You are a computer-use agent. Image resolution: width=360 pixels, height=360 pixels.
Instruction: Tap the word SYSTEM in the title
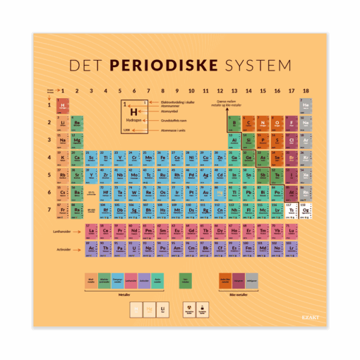(256, 66)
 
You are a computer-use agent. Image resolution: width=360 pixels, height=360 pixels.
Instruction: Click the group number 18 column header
(306, 90)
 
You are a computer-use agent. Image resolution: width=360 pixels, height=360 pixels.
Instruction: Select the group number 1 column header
(63, 90)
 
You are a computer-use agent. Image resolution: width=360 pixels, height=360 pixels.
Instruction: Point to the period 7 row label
(49, 210)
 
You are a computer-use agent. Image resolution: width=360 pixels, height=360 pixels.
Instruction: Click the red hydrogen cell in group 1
(63, 106)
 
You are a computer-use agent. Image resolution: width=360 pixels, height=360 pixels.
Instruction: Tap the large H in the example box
(134, 112)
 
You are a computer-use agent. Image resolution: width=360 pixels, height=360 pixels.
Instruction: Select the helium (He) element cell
(306, 106)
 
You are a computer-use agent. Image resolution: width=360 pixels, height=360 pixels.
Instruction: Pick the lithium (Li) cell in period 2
(63, 123)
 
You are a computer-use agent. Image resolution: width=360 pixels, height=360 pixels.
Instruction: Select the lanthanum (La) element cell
(91, 230)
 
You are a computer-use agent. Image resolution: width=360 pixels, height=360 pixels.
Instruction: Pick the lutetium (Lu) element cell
(292, 230)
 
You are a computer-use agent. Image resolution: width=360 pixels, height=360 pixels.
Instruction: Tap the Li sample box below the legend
(162, 308)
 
